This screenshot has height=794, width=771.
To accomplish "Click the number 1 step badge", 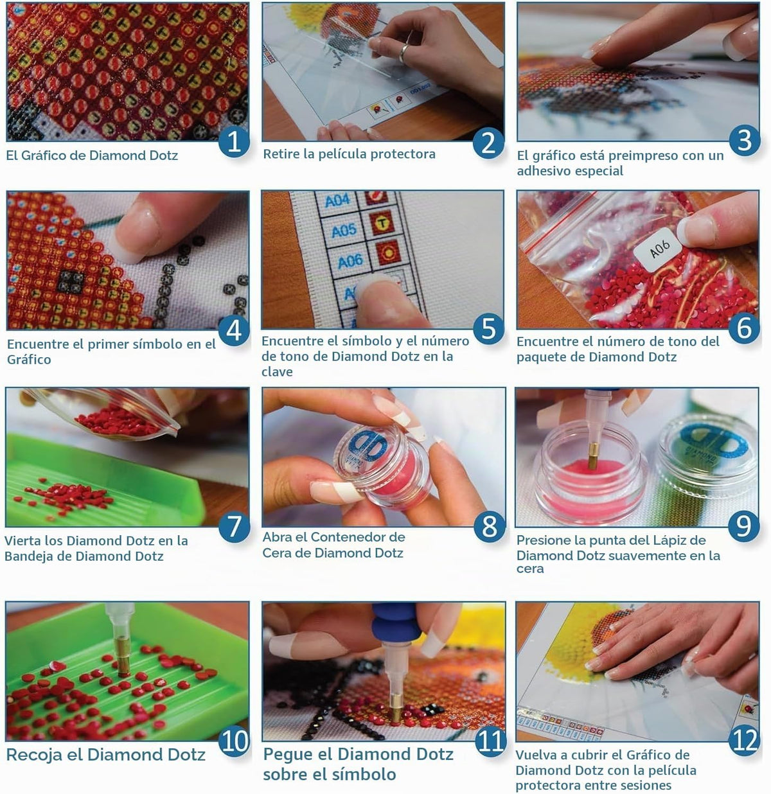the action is [234, 141].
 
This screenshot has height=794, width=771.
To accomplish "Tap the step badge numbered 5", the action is [488, 329].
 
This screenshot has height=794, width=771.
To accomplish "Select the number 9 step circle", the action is [743, 526].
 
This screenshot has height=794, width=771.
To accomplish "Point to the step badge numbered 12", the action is [745, 741].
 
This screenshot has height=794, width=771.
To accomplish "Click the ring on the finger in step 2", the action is [404, 53].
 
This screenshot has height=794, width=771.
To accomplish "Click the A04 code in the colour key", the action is [337, 200].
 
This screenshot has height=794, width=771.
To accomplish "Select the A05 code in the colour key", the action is [344, 231].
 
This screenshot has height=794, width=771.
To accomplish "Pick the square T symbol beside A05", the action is [382, 223].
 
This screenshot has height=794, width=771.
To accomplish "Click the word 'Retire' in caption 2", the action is [281, 154].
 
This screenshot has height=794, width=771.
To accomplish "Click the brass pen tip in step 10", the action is [121, 661].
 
